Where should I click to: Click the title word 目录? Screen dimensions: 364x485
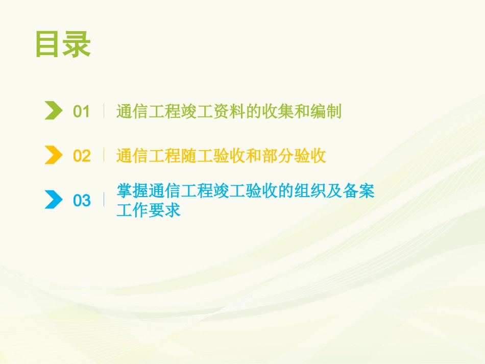pos(63,45)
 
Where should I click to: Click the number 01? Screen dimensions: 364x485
pos(82,111)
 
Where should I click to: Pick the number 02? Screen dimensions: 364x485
pos(82,156)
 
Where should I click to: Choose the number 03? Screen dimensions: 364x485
pos(82,200)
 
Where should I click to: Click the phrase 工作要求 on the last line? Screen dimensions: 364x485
pos(149,210)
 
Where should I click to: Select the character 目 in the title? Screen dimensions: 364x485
pos(49,45)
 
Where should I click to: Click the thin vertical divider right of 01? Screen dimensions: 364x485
pos(104,111)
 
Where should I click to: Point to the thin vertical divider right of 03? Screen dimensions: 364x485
pos(104,200)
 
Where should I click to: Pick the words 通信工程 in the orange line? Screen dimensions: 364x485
pos(149,156)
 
